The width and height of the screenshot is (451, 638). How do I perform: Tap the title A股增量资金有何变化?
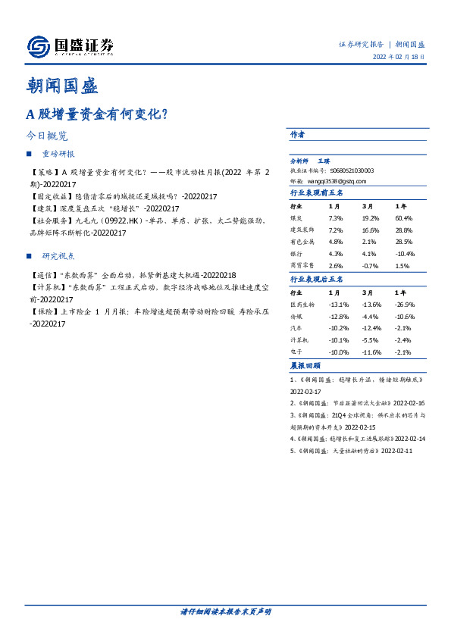tap(97, 115)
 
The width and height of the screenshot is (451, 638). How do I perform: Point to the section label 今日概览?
tap(47, 136)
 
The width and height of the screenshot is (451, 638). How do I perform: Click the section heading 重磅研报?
tap(58, 153)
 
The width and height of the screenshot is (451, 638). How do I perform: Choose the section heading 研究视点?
tap(58, 256)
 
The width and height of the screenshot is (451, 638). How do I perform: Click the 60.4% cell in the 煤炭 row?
tap(404, 217)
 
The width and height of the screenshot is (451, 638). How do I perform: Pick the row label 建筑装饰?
tap(303, 229)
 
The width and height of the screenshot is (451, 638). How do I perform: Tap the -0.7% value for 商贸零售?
tap(369, 266)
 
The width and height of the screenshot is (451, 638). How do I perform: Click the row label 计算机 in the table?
tap(299, 340)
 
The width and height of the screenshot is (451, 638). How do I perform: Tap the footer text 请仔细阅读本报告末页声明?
tap(225, 611)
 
